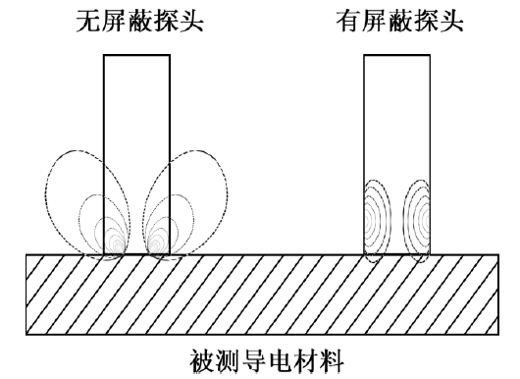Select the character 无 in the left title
[89, 21]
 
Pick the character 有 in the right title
[348, 21]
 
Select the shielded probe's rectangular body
[397, 118]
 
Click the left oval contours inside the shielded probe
[377, 216]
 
